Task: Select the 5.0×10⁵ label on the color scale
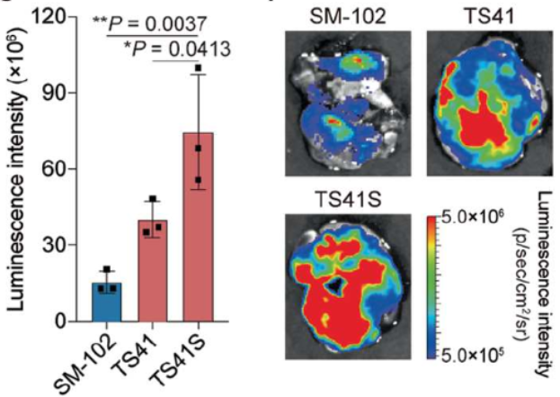coord(474,348)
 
